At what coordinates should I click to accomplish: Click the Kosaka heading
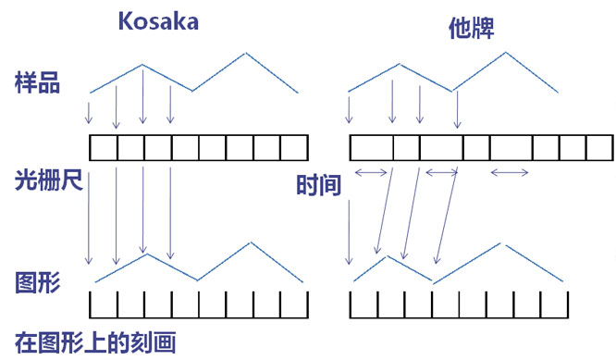[x=158, y=21]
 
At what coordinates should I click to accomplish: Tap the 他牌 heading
[x=471, y=29]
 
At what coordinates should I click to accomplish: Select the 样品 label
[x=37, y=82]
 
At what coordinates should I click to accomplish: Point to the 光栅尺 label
[x=49, y=180]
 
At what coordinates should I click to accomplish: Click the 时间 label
[x=318, y=185]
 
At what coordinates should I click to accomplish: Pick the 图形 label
[x=37, y=282]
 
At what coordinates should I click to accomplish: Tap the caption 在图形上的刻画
[x=95, y=342]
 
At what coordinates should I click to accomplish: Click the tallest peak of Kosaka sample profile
[x=246, y=53]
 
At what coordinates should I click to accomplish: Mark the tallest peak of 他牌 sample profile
[x=506, y=52]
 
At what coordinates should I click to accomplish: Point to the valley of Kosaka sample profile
[x=192, y=92]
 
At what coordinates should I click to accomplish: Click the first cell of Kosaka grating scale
[x=104, y=148]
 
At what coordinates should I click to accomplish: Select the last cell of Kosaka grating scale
[x=295, y=148]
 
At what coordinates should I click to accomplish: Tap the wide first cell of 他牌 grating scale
[x=372, y=148]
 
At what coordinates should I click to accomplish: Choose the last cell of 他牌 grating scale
[x=600, y=148]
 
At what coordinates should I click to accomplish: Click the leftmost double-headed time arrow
[x=371, y=172]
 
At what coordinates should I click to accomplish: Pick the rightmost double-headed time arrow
[x=510, y=172]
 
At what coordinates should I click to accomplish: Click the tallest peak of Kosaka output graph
[x=251, y=242]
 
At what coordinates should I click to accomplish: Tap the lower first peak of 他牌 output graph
[x=388, y=256]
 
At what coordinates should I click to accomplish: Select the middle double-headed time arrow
[x=442, y=172]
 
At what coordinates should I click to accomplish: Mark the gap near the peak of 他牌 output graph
[x=503, y=244]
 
